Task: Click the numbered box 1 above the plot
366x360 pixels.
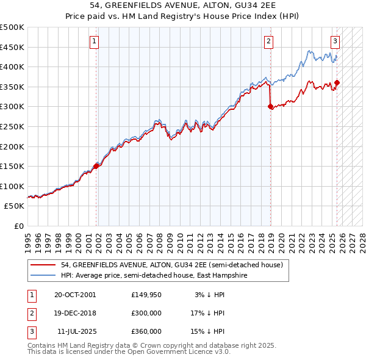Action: (x=95, y=41)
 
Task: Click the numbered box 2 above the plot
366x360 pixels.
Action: (x=268, y=41)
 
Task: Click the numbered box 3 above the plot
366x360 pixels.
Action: (x=335, y=41)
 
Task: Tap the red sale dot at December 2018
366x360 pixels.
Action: (x=270, y=106)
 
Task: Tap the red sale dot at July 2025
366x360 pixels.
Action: (x=337, y=83)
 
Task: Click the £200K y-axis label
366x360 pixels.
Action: (x=12, y=146)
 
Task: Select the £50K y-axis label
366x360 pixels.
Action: (x=15, y=206)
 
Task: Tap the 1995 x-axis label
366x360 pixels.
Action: (x=28, y=238)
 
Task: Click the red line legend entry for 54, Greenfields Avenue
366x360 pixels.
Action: (x=171, y=265)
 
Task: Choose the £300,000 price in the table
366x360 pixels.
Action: (x=146, y=313)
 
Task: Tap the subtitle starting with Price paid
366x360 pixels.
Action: (x=183, y=18)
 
